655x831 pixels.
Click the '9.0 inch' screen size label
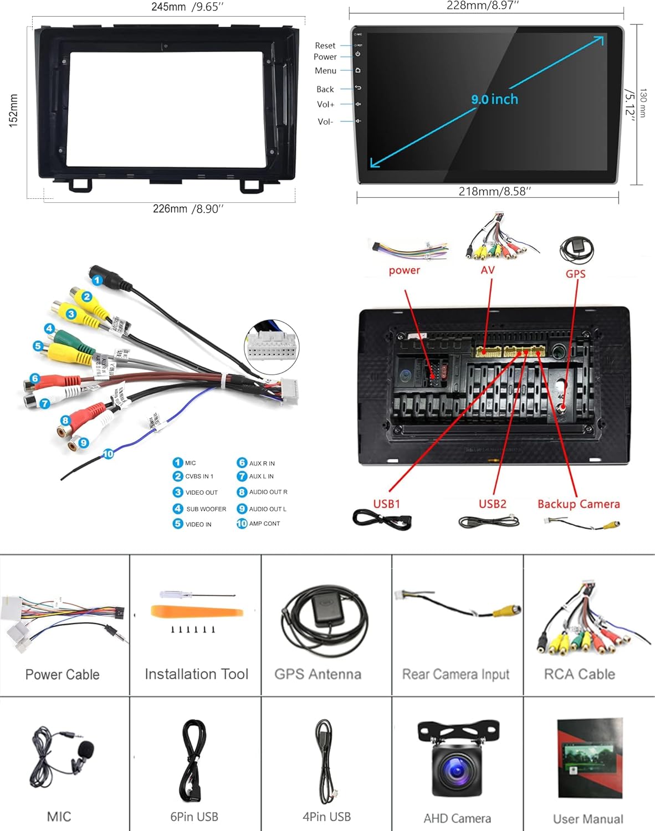tap(494, 99)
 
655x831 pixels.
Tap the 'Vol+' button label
tap(325, 104)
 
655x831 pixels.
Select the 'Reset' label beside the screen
tap(325, 45)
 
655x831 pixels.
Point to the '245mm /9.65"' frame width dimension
tap(187, 7)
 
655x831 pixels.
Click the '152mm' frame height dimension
tap(13, 110)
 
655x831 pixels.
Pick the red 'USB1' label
tap(386, 504)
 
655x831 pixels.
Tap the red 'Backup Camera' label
tap(579, 504)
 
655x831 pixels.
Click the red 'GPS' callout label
tap(575, 274)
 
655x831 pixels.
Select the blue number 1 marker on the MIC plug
tap(98, 280)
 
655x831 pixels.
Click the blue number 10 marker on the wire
tap(108, 454)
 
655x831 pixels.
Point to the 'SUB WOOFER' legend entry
tap(206, 509)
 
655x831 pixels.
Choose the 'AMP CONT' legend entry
tap(264, 524)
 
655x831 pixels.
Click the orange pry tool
tap(197, 612)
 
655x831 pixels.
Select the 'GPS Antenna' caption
tap(318, 674)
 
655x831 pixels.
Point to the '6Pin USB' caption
tap(194, 817)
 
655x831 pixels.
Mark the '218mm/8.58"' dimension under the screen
tap(494, 191)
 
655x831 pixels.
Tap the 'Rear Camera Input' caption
tap(456, 674)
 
